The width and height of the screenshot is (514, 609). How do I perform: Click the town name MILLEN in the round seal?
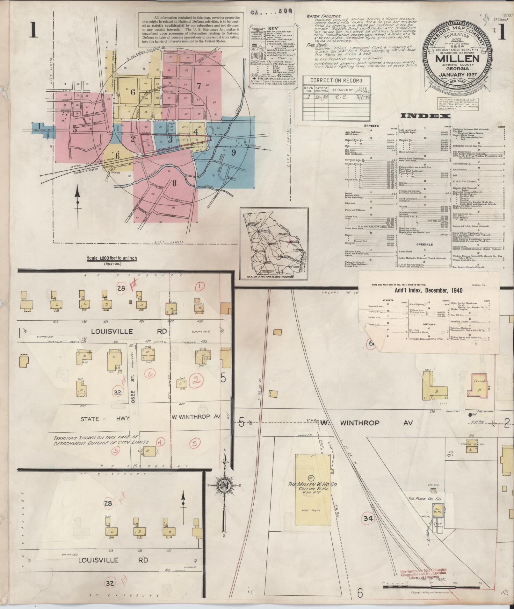pyautogui.click(x=457, y=59)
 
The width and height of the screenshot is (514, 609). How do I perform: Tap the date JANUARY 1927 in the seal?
pyautogui.click(x=457, y=75)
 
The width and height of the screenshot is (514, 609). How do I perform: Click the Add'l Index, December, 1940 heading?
pyautogui.click(x=428, y=290)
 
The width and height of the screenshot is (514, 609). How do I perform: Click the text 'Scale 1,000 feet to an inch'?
pyautogui.click(x=112, y=258)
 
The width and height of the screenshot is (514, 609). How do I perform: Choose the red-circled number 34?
pyautogui.click(x=368, y=519)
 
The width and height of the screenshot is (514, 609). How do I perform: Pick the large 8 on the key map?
pyautogui.click(x=174, y=183)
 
